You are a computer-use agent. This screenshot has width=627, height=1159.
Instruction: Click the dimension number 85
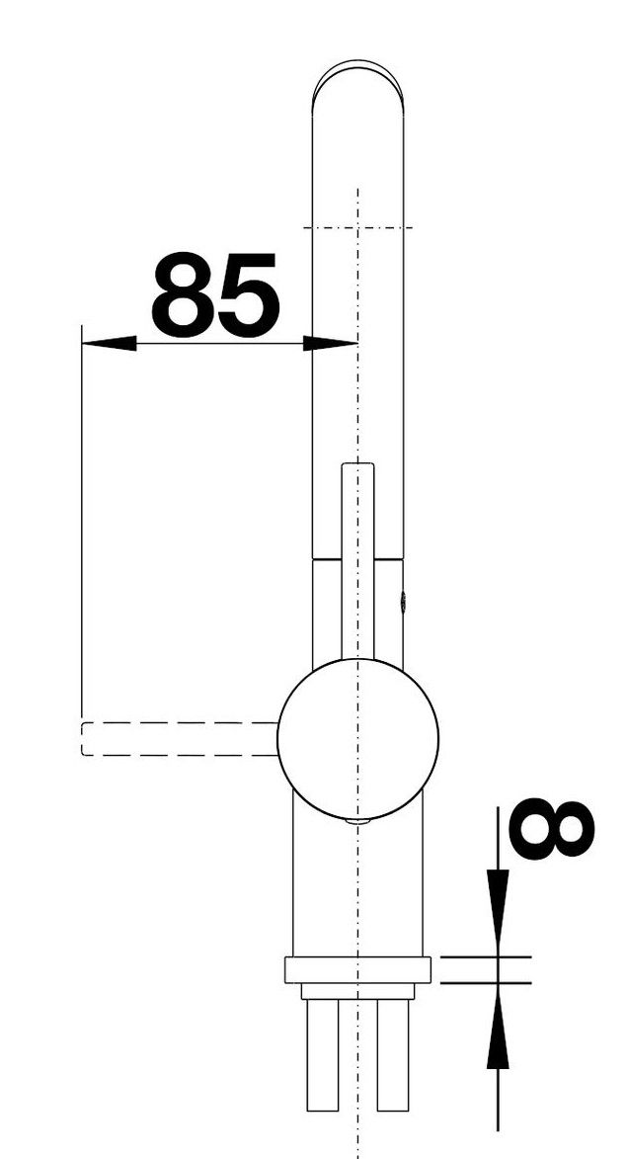click(x=215, y=294)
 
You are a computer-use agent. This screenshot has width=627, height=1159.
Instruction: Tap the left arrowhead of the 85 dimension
click(x=110, y=343)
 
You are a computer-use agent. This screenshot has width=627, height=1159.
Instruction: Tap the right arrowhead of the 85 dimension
click(x=330, y=343)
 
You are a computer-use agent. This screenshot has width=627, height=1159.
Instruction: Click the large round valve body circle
click(x=358, y=739)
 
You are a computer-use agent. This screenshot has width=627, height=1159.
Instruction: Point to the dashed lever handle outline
click(x=180, y=738)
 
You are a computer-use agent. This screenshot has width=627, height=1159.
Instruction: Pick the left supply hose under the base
click(x=323, y=1055)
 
